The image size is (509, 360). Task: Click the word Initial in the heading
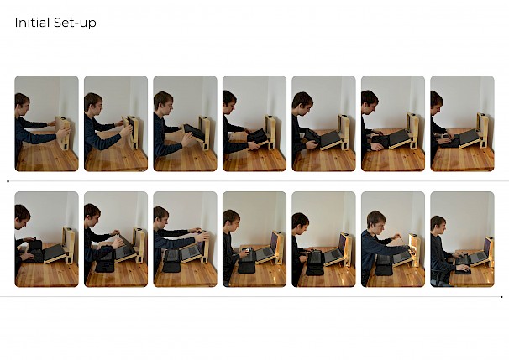[32, 23]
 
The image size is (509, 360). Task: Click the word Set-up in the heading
[75, 23]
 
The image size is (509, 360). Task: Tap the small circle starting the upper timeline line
[8, 181]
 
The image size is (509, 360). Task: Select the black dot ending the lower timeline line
[501, 297]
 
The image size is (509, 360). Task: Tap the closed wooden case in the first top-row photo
[64, 133]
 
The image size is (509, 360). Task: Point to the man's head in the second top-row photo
[93, 102]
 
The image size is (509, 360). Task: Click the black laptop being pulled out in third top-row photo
[194, 133]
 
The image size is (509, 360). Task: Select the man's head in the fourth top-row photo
[229, 101]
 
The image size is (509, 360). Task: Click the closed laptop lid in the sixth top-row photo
[399, 138]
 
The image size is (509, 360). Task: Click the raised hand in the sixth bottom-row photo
[395, 237]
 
